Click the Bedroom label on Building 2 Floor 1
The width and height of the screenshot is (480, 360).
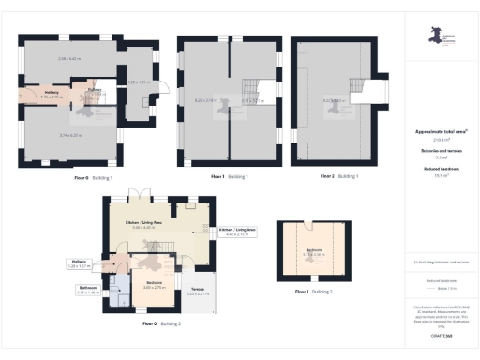pos(312,251)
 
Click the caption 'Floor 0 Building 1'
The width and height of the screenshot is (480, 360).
pos(94,177)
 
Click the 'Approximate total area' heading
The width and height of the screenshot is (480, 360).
pos(441,132)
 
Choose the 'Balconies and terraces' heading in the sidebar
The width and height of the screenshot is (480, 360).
pos(441,150)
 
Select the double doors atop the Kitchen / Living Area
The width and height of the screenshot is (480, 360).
pos(141,195)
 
